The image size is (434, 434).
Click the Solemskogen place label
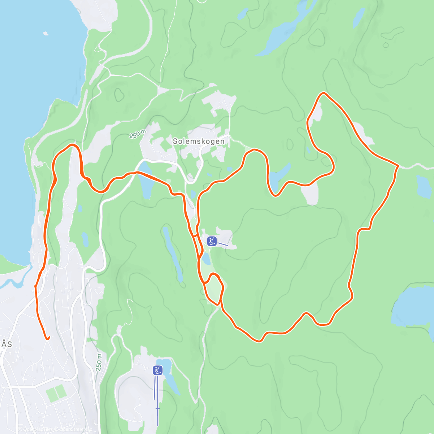[199, 141]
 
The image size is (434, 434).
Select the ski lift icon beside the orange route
[212, 241]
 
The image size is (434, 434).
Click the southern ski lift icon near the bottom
[158, 370]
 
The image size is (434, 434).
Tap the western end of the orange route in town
[47, 339]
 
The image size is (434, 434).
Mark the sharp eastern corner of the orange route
[397, 166]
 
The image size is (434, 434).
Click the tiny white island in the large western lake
[46, 34]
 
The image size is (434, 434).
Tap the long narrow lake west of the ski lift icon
[173, 253]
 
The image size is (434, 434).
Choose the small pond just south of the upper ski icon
[206, 258]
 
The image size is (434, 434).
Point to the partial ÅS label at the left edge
[6, 344]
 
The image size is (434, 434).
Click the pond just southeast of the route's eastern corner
[424, 186]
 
